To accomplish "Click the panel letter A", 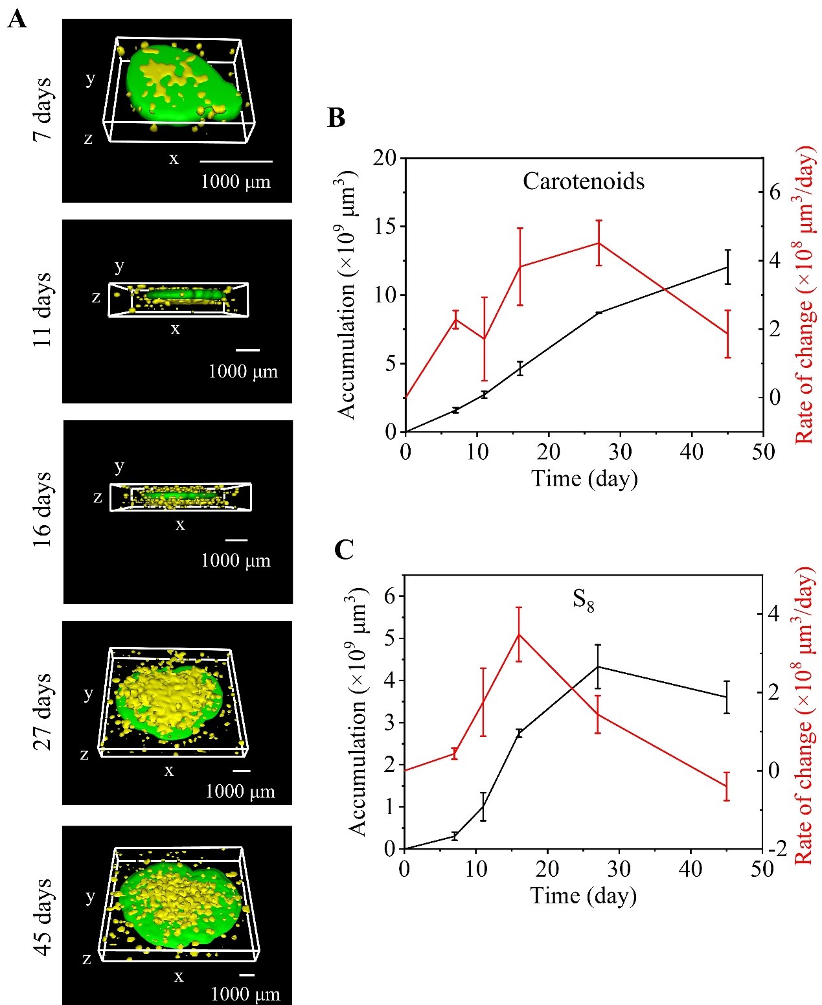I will click(x=17, y=19).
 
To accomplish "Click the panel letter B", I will click(x=336, y=118).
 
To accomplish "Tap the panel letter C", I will click(x=344, y=549).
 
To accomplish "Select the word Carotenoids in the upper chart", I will click(x=584, y=181).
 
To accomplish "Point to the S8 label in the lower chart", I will click(x=583, y=601).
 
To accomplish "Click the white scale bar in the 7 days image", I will click(x=236, y=161).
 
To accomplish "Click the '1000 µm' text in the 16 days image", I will click(x=236, y=560).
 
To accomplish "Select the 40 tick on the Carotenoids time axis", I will click(x=692, y=451).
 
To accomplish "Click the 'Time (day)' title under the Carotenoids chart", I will click(x=584, y=479).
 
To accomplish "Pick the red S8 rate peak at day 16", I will click(x=519, y=634).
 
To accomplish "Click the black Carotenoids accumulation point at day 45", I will click(x=728, y=267).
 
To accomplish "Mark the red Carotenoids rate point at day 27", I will click(x=599, y=243).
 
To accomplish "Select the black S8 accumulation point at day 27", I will click(x=598, y=666).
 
